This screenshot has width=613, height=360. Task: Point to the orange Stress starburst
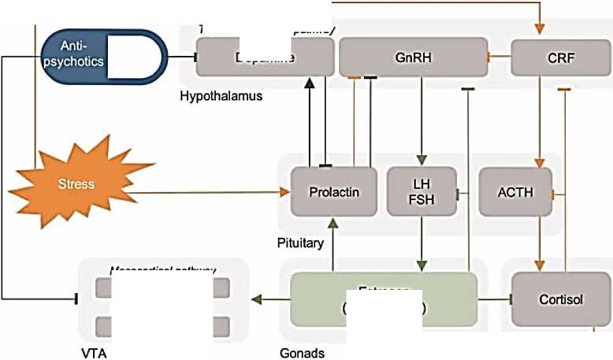(x=75, y=184)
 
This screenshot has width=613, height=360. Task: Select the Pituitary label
(x=300, y=243)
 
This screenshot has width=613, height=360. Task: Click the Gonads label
(x=302, y=352)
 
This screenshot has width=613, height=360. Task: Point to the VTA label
(x=94, y=352)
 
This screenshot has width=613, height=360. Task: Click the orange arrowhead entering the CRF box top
(x=540, y=28)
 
